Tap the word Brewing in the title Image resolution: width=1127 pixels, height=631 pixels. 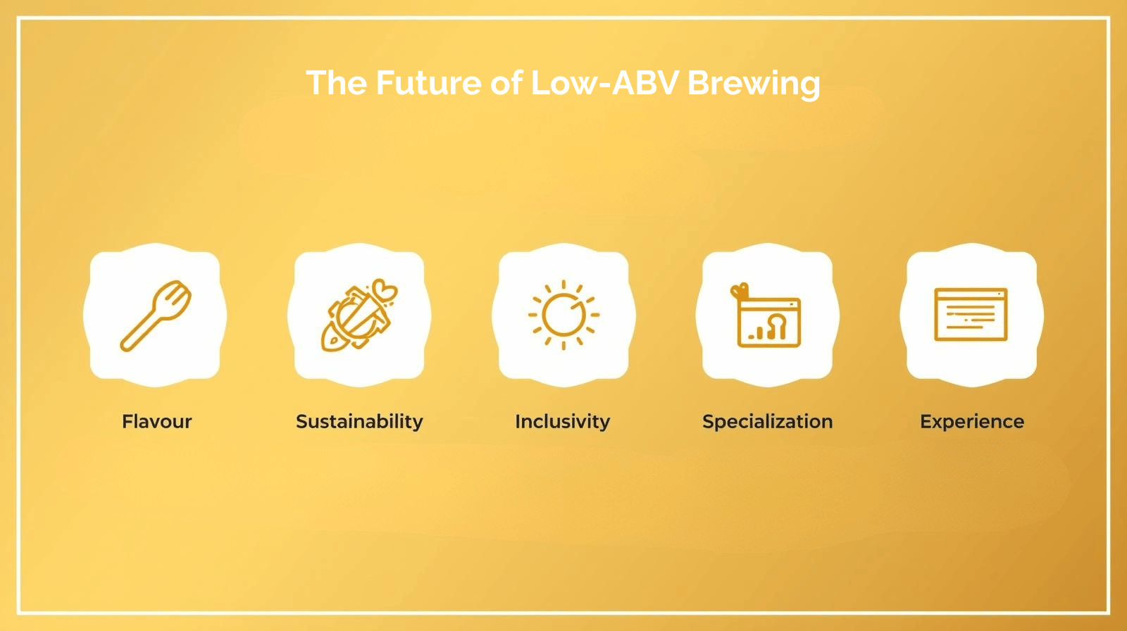click(x=753, y=83)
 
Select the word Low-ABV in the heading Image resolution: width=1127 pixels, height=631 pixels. click(x=604, y=83)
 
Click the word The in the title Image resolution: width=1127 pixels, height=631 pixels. click(x=336, y=83)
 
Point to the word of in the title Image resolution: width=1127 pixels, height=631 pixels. click(x=506, y=83)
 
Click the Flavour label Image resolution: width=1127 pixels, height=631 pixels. click(x=156, y=421)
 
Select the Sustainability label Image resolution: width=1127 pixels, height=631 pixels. click(x=359, y=421)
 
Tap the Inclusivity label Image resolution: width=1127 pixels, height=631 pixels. click(x=562, y=421)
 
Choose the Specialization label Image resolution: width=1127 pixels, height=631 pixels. click(x=767, y=421)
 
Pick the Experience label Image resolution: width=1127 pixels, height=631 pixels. click(x=972, y=421)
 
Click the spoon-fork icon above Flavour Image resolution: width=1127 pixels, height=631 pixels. click(x=156, y=315)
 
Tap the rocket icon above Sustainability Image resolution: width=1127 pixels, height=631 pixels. click(x=359, y=315)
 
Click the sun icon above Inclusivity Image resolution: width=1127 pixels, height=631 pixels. click(x=563, y=315)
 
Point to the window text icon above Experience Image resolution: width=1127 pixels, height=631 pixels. click(x=971, y=314)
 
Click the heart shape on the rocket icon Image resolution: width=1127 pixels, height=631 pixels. click(x=385, y=289)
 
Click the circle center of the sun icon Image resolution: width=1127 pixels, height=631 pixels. click(x=563, y=315)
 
